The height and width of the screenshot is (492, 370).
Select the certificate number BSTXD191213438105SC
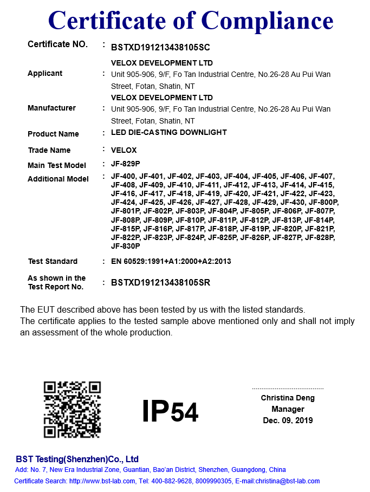click(x=160, y=47)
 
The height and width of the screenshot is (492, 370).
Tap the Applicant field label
click(x=45, y=74)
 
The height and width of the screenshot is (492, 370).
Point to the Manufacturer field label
click(x=51, y=108)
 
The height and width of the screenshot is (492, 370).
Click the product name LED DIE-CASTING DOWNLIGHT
click(x=168, y=132)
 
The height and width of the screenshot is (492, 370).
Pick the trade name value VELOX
click(x=124, y=150)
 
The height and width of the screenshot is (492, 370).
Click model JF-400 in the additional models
click(x=123, y=176)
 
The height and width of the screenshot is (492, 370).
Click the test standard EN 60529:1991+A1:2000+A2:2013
click(x=171, y=261)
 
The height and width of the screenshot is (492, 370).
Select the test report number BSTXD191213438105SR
click(x=160, y=282)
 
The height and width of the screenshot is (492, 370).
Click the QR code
click(x=72, y=409)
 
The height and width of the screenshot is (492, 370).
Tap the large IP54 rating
click(x=170, y=411)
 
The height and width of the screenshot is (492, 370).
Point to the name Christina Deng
click(x=288, y=398)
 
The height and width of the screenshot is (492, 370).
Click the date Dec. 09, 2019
click(x=288, y=420)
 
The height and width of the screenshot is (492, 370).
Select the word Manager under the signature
click(x=288, y=409)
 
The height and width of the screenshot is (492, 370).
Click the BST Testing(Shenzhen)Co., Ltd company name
click(x=77, y=459)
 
